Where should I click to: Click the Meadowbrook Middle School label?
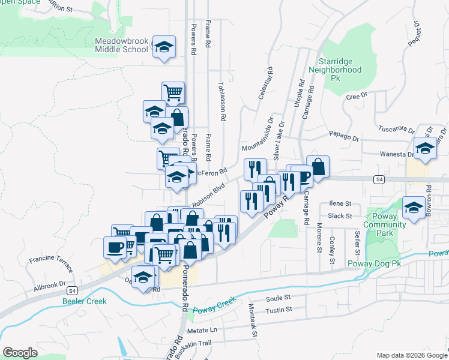(121, 45)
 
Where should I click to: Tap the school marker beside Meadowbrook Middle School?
(163, 47)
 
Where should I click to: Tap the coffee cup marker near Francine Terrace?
(115, 247)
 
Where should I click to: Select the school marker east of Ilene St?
(414, 207)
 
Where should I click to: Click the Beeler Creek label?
(84, 301)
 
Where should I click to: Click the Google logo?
(20, 353)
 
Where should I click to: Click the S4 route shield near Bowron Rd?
(379, 179)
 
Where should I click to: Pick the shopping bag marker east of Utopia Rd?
(318, 166)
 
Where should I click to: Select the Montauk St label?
(253, 320)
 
